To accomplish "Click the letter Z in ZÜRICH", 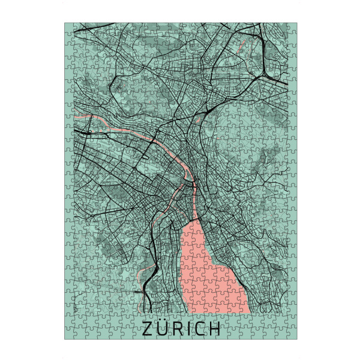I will (148, 329).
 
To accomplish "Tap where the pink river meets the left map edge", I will (74, 116).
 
